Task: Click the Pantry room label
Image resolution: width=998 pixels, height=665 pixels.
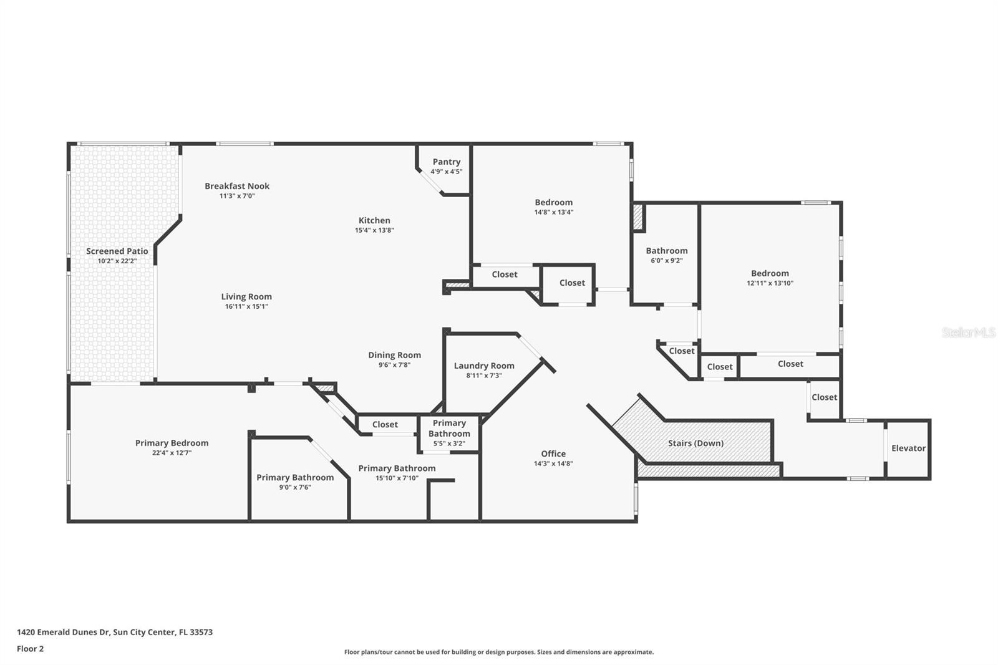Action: point(446,162)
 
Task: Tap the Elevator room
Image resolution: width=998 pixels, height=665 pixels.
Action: point(908,448)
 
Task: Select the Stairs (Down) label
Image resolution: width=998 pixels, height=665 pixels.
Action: point(695,443)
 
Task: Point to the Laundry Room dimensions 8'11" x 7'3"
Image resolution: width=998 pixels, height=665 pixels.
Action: point(484,376)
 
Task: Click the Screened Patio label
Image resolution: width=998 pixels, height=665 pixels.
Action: point(117,251)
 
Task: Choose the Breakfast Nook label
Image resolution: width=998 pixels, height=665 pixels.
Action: point(237,186)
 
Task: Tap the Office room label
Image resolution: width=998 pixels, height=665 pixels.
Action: point(553,454)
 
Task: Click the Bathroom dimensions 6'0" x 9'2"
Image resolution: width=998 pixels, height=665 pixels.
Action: point(666,261)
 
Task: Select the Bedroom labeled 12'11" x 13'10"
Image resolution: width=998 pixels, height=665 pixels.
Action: point(770,273)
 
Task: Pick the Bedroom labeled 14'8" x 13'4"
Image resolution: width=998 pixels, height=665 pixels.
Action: point(553,202)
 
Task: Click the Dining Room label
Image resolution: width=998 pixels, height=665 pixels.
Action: point(394,355)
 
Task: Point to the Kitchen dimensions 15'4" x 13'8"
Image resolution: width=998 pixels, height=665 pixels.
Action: point(374,230)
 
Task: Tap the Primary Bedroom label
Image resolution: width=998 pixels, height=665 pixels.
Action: point(172,443)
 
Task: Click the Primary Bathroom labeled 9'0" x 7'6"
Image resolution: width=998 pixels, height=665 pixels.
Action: point(295,477)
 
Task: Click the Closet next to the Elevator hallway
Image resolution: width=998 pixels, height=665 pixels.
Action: point(824,397)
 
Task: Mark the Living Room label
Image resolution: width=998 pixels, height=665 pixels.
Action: point(246,296)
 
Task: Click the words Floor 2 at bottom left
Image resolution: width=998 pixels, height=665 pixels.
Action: point(30,649)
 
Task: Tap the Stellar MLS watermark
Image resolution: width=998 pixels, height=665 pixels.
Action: point(968,332)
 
